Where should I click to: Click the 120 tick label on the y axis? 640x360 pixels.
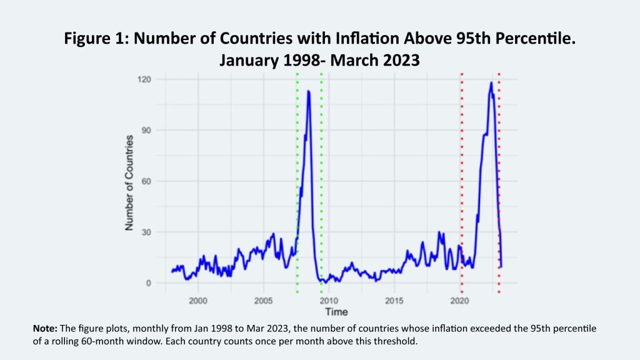click(x=148, y=79)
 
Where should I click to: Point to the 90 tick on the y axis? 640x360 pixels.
click(x=150, y=130)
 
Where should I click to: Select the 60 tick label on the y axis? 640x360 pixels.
click(x=150, y=181)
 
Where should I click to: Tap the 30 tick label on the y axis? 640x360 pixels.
click(x=150, y=232)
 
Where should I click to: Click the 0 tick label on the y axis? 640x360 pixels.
click(x=152, y=283)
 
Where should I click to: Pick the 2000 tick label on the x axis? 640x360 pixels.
click(x=198, y=301)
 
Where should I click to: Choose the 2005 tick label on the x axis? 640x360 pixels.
click(x=263, y=301)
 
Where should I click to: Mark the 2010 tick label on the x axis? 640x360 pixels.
click(x=329, y=301)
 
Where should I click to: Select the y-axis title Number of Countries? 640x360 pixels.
click(x=130, y=182)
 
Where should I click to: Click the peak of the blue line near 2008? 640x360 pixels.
click(x=308, y=91)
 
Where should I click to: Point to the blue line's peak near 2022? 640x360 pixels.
click(x=491, y=82)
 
